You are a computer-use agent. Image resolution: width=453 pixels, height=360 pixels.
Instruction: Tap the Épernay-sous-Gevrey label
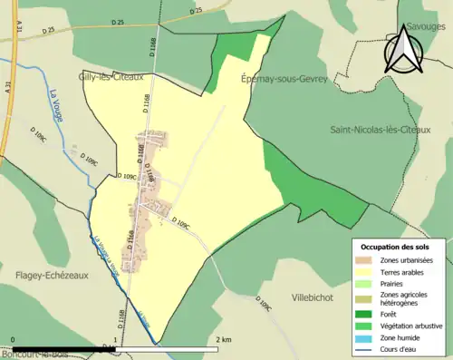[x=283, y=79]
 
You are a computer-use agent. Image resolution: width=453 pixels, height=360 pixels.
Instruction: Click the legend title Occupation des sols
[x=395, y=247]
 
